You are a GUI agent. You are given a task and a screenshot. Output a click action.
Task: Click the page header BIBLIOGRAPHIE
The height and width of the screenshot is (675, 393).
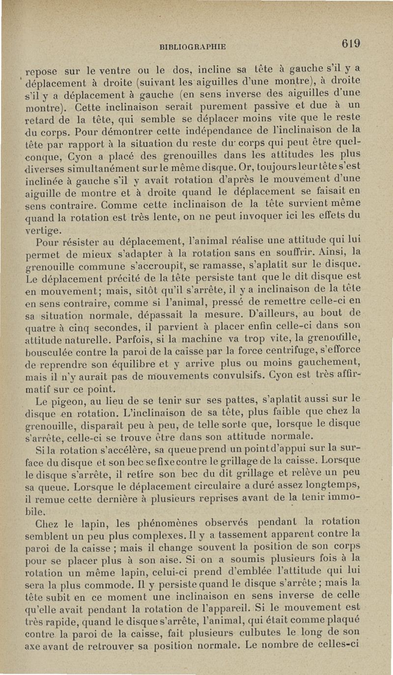192,47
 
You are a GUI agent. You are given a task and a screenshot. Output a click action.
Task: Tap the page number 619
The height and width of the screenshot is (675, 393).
352,43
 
